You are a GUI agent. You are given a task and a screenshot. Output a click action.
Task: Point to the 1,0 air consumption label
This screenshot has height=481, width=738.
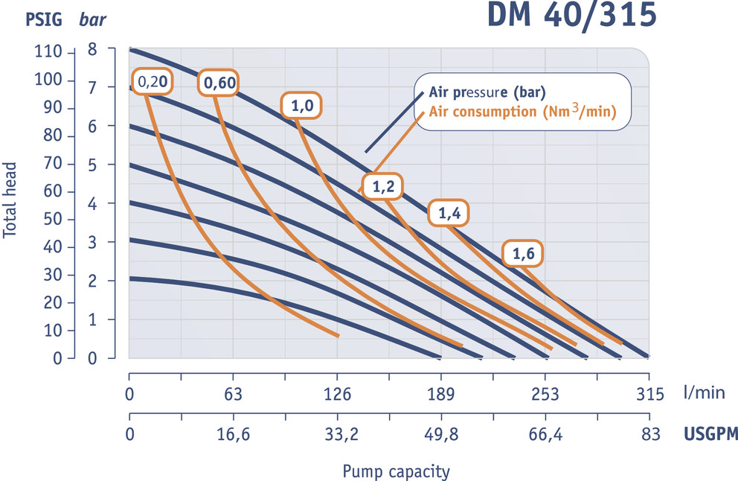[302, 106]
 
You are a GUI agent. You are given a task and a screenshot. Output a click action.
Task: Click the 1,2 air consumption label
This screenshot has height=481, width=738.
[382, 187]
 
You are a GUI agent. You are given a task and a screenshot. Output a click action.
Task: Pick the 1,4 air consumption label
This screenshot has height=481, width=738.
[449, 214]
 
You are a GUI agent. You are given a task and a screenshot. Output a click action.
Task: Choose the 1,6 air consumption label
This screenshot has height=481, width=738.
[522, 254]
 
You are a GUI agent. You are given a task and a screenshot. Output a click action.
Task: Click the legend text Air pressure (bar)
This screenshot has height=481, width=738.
[487, 94]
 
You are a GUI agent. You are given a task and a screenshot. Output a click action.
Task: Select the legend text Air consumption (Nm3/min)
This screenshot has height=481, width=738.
[524, 112]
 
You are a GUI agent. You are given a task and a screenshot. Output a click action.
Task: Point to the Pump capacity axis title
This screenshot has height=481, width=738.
[396, 471]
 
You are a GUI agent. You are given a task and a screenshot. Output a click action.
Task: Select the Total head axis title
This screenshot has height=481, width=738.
[10, 202]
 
